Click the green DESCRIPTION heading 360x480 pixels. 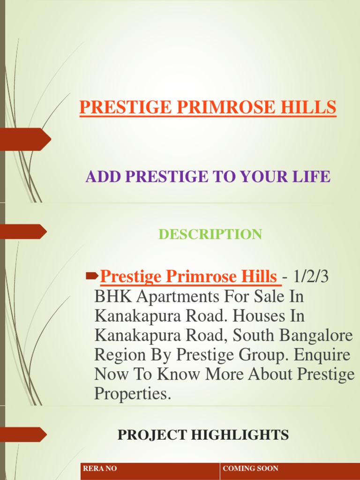pos(210,234)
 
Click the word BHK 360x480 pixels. pos(110,296)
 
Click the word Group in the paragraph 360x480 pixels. pos(263,355)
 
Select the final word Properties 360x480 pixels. pos(133,394)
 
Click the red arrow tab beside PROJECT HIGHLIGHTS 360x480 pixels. pos(23,435)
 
